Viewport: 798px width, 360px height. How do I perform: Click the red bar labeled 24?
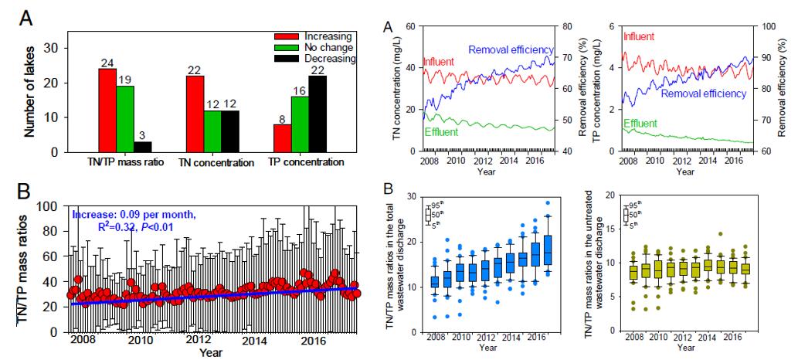[107, 110]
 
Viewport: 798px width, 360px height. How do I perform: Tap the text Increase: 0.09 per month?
[127, 216]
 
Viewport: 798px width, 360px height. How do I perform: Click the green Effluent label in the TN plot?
[441, 132]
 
